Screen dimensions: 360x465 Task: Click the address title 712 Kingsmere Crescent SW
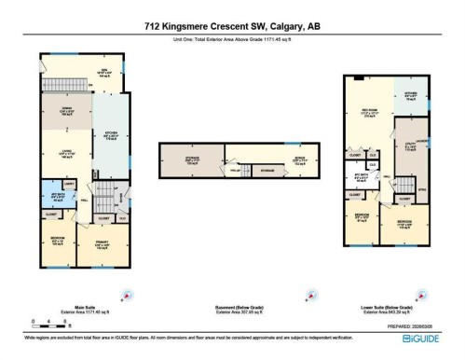pos(231,26)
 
